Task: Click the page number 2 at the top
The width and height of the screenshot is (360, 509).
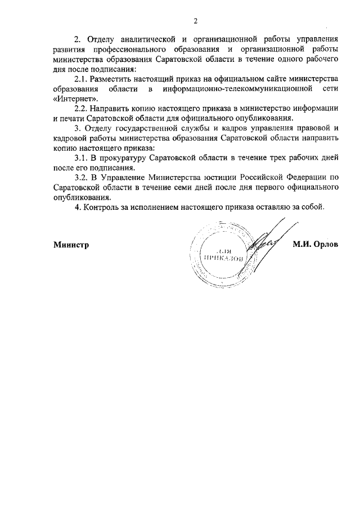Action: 195,21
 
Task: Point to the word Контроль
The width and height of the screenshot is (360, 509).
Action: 101,206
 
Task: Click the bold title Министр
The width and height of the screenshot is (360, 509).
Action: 72,245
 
